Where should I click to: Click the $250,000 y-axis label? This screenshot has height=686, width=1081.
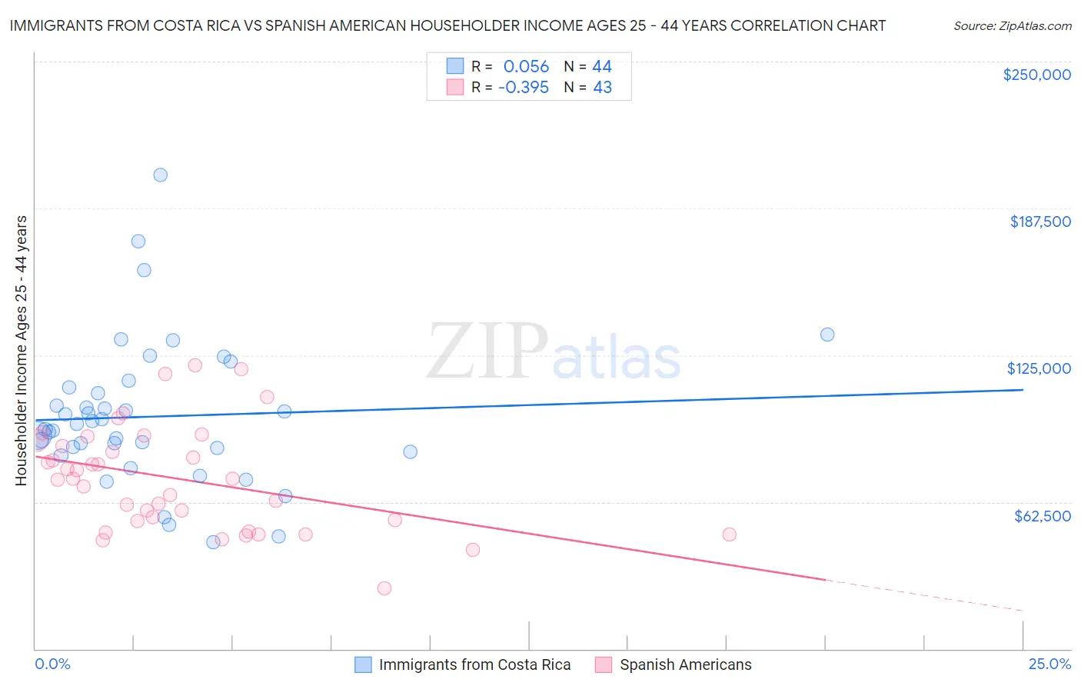coord(1036,75)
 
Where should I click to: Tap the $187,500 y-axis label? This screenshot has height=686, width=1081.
coord(1039,221)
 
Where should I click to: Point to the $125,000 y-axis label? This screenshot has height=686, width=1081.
coord(1039,368)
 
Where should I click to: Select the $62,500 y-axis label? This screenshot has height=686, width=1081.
coord(1042,516)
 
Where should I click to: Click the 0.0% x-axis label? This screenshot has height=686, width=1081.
coord(52,664)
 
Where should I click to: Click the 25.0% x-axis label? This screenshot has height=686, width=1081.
coord(1049,664)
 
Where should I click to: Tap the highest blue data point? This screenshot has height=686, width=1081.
coord(160,175)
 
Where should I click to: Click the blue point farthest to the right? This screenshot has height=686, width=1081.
coord(827,335)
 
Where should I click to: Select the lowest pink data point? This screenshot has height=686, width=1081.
coord(384,588)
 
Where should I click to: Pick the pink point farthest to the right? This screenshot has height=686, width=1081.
coord(729,534)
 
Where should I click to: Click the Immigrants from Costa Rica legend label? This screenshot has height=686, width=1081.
coord(474,664)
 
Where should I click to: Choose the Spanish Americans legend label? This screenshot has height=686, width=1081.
coord(686,664)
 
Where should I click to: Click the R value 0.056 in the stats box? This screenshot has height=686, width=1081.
coord(526,67)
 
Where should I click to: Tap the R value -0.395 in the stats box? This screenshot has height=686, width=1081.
coord(524,88)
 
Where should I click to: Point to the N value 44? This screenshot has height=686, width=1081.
coord(602,67)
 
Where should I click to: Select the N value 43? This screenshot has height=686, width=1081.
coord(602,88)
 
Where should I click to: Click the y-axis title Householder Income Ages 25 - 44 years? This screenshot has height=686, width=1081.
coord(21,351)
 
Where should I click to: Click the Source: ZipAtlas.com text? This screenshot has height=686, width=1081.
coord(1012,26)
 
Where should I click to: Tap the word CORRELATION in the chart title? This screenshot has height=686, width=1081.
coord(777,25)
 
